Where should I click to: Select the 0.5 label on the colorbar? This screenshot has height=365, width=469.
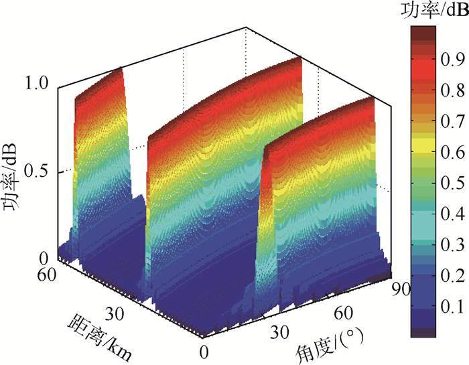453,183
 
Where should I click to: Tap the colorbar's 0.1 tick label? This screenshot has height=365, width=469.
453,307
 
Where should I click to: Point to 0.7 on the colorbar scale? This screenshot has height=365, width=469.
453,121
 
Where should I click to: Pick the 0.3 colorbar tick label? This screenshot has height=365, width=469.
453,245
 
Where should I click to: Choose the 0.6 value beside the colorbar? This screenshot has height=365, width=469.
453,151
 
